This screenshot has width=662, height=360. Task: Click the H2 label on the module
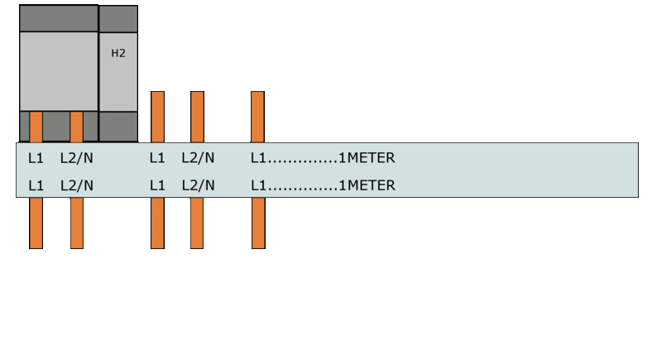(118, 53)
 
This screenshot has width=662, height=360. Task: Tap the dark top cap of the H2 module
(118, 19)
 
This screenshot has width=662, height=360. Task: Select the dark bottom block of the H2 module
(118, 127)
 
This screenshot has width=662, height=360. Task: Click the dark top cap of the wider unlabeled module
(59, 18)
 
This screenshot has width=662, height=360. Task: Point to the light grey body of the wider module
(59, 71)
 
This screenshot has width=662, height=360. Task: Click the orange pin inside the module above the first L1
(36, 127)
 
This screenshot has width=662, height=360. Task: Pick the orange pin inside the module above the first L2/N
(76, 127)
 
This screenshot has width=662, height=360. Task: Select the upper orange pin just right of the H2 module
(157, 117)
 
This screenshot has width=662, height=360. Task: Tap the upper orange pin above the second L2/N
(197, 117)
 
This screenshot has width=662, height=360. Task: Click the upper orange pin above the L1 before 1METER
(257, 117)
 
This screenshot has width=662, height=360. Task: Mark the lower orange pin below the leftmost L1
(36, 223)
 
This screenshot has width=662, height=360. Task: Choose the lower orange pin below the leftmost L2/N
(77, 223)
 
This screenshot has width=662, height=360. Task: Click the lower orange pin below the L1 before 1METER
(258, 223)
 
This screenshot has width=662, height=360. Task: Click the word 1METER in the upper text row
(367, 158)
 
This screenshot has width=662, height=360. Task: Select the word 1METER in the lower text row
(367, 185)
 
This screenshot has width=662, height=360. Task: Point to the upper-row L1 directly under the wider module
(36, 158)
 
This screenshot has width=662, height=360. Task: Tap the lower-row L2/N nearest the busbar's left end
(77, 185)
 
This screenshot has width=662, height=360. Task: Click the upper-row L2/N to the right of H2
(198, 158)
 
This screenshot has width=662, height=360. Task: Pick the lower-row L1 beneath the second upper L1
(157, 185)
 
